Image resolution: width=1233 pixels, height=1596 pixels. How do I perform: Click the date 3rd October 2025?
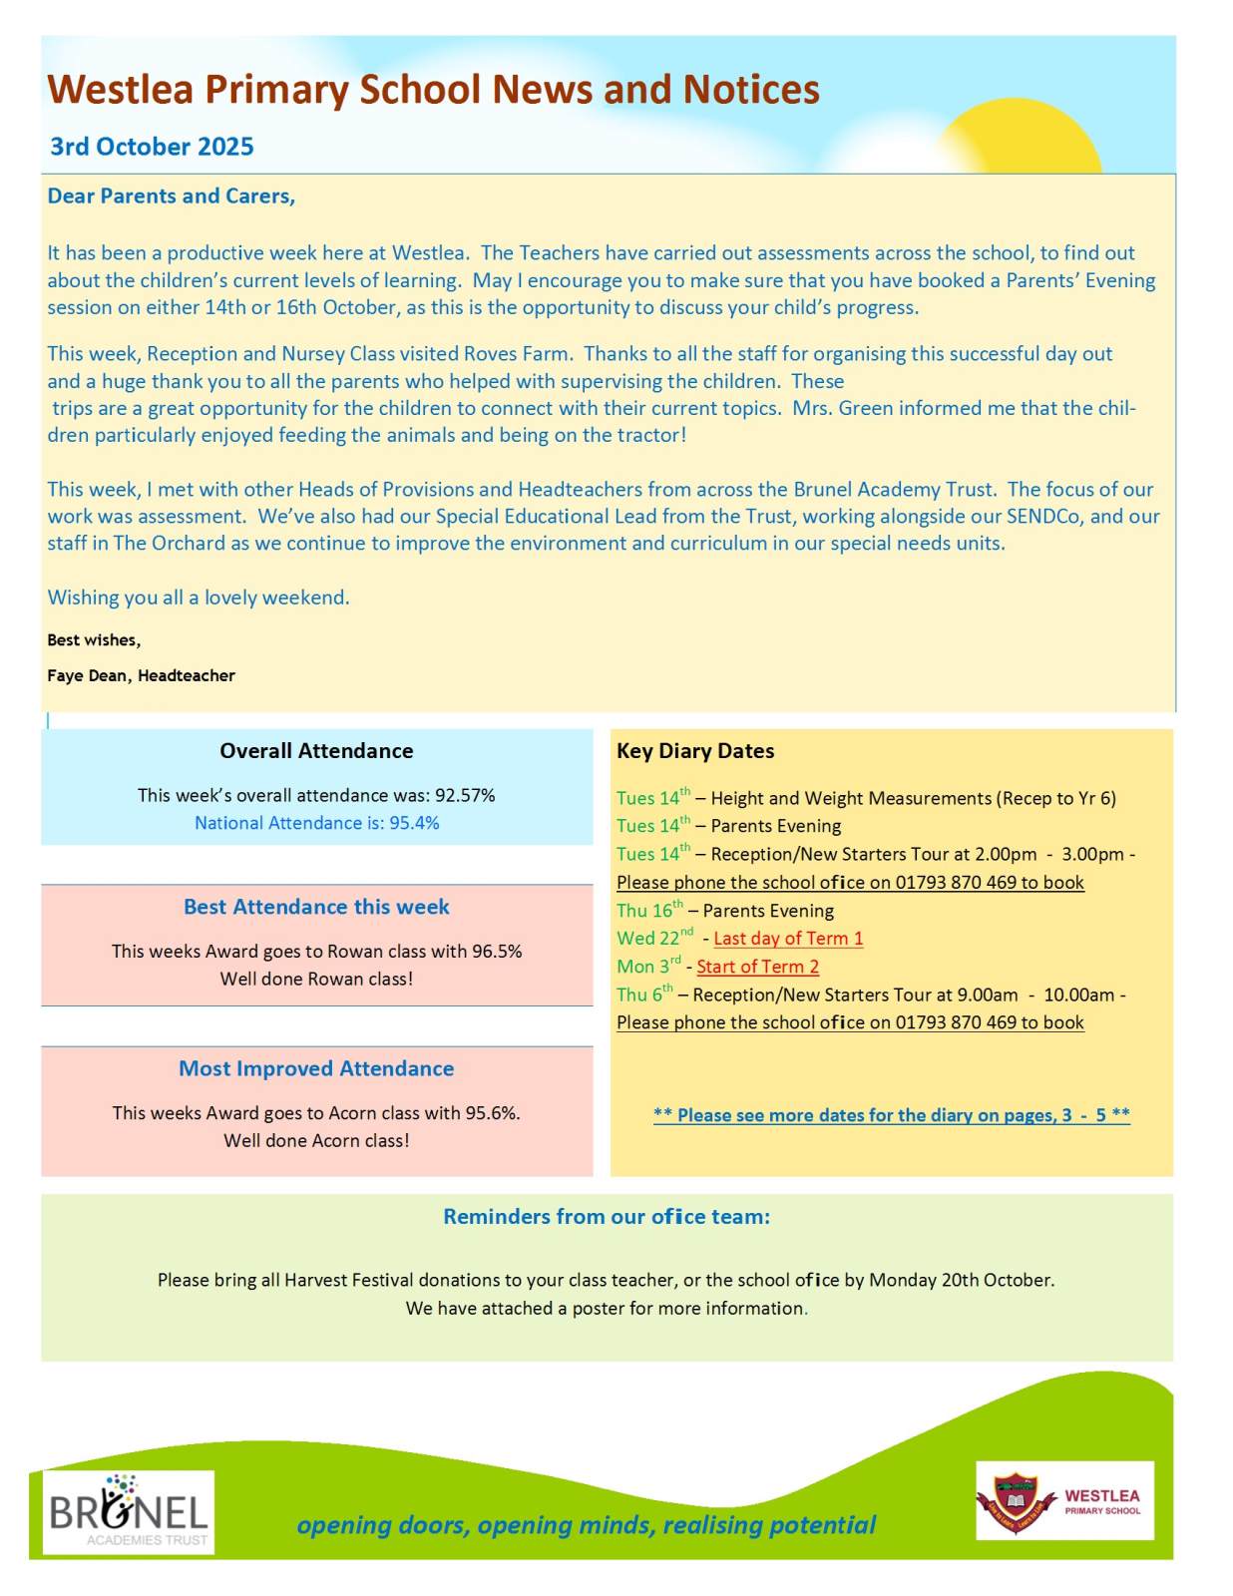pos(152,147)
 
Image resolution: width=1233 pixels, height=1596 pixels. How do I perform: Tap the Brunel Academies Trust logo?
pos(129,1512)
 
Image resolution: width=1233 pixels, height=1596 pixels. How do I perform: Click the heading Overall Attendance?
pos(316,751)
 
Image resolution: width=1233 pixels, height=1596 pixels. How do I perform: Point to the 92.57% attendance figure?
pos(465,795)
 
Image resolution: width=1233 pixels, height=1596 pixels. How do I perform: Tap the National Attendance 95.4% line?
pos(316,823)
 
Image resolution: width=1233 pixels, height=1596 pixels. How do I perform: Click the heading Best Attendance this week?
pos(316,907)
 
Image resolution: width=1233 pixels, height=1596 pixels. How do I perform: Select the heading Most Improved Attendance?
pos(316,1068)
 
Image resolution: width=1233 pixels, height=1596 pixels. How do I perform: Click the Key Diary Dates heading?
pos(695,751)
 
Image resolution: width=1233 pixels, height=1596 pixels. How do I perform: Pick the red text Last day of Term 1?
pos(788,939)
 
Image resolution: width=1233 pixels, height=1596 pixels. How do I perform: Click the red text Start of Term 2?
pos(757,967)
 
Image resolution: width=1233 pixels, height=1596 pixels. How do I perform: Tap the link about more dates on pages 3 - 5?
pos(891,1115)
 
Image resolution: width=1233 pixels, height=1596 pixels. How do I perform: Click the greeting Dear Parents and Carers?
pos(172,197)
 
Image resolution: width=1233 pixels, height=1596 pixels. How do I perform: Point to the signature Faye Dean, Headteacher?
pos(141,675)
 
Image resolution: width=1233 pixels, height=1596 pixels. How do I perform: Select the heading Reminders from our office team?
pos(607,1217)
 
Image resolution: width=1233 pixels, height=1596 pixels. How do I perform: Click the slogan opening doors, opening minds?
pos(586,1525)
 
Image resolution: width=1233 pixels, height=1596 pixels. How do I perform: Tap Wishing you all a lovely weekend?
pos(199,598)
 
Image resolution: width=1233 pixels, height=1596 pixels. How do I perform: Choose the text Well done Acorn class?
pos(316,1140)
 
